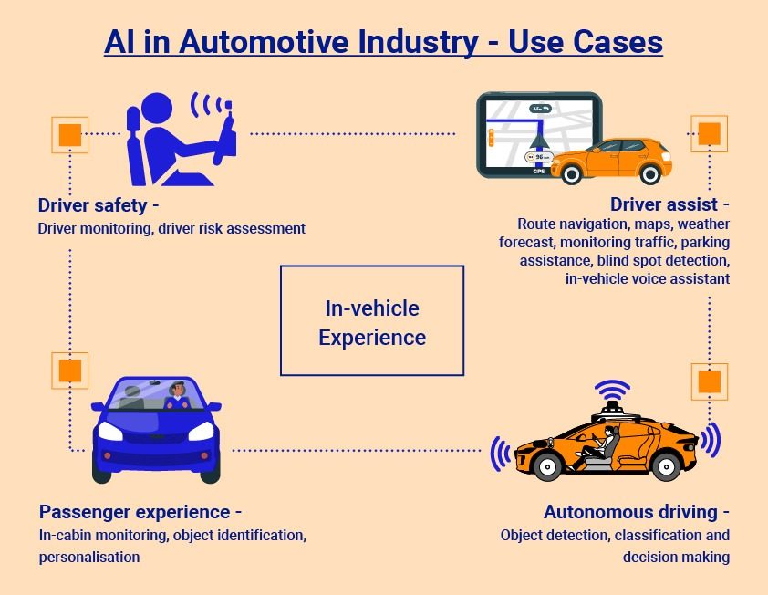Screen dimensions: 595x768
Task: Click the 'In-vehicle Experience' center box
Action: click(372, 321)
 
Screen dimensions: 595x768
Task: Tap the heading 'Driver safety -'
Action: click(99, 204)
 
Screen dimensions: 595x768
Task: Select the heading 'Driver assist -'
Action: click(669, 204)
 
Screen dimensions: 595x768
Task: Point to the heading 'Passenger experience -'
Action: click(140, 512)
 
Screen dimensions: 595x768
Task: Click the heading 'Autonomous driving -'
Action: click(637, 512)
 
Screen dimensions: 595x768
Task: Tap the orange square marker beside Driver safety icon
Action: click(70, 134)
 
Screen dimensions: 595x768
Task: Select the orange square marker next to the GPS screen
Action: click(709, 134)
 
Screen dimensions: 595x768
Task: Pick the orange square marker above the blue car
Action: click(70, 370)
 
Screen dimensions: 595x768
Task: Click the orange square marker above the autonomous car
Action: click(709, 381)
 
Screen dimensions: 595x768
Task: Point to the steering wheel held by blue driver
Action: click(223, 137)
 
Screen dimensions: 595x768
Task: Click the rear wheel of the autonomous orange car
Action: click(664, 465)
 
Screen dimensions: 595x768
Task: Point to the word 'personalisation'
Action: click(89, 556)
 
